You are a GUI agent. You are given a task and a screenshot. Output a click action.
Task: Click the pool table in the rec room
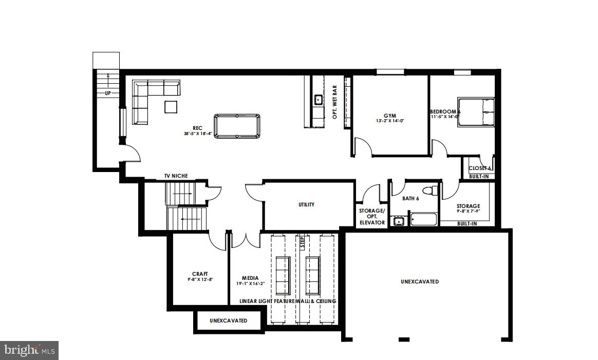[x=237, y=126]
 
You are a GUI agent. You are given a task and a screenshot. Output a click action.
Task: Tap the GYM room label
[x=389, y=116]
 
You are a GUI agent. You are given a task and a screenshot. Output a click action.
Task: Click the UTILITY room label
[x=306, y=204]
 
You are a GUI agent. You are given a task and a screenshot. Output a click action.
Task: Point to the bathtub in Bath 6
[x=424, y=220]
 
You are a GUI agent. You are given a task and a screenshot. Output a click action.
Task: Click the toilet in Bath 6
[x=433, y=191]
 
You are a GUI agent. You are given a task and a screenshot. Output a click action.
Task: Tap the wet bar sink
[x=318, y=99]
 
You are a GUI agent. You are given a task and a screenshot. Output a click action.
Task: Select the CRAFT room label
[x=200, y=274]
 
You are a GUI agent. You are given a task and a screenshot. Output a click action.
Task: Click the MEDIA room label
[x=250, y=278]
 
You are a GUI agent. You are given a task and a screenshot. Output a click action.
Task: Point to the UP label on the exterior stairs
[x=108, y=93]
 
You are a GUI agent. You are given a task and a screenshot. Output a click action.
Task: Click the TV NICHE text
[x=176, y=176]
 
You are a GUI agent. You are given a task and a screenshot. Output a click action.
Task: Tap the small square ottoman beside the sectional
[x=171, y=107]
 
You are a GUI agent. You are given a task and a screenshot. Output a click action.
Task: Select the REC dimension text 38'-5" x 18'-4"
[x=197, y=134]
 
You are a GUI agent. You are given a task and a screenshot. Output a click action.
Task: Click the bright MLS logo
[x=29, y=350]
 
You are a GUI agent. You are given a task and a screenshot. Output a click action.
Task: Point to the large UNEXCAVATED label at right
[x=420, y=281]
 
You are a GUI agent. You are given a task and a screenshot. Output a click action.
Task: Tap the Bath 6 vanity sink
[x=398, y=222]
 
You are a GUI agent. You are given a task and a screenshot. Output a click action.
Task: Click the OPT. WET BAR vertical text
[x=334, y=102]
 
